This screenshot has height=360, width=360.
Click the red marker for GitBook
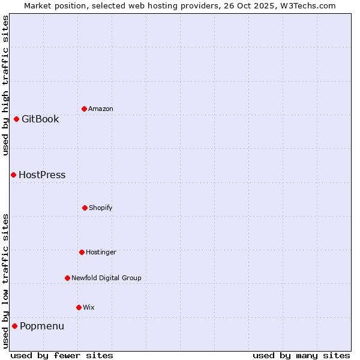tap(16, 119)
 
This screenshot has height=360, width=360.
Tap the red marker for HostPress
tap(13, 175)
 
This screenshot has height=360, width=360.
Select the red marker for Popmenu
tap(14, 326)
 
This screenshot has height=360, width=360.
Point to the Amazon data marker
tap(84, 109)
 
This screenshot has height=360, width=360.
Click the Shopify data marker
tap(85, 208)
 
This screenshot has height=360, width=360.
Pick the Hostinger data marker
tap(82, 252)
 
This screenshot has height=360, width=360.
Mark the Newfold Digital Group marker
tap(67, 278)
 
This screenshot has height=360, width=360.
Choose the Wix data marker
tap(79, 307)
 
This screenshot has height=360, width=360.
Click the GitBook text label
tap(40, 119)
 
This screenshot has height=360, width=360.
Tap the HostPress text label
tap(42, 175)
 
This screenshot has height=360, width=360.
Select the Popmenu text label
tap(42, 326)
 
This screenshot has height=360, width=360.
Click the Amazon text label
tap(101, 109)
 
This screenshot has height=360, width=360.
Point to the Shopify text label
tap(101, 208)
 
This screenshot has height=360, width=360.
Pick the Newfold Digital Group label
tap(106, 278)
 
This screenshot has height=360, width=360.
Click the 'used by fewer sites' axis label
tap(62, 355)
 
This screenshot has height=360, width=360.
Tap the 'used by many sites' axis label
tap(301, 355)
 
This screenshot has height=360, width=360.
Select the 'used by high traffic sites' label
tap(5, 85)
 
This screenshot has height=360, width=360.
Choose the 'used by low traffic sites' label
tap(5, 281)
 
